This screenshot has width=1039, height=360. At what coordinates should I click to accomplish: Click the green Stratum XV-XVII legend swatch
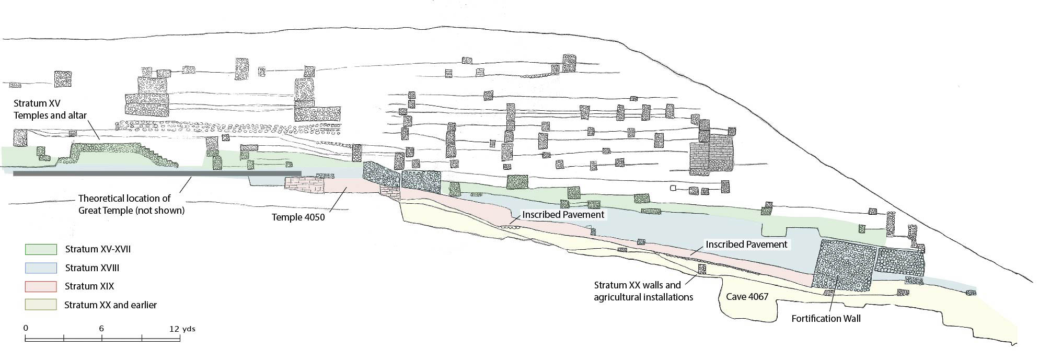coord(41,249)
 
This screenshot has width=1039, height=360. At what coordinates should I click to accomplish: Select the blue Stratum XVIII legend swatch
coord(41,268)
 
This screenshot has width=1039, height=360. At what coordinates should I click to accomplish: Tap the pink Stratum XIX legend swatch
coord(41,286)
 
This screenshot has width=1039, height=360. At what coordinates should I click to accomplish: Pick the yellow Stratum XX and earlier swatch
coord(41,305)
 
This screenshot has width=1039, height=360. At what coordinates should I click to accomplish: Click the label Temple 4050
coord(298,217)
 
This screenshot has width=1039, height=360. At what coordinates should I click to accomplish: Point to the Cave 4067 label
coord(747,297)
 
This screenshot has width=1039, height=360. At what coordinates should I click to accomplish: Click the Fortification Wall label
coord(826,318)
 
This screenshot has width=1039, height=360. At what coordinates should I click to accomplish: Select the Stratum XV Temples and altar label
coord(50,110)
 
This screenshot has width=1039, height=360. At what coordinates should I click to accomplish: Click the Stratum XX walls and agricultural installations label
coord(643,291)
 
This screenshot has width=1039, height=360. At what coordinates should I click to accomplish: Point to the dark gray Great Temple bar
coord(157,173)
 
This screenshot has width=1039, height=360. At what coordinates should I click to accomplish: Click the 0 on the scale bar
coord(26,329)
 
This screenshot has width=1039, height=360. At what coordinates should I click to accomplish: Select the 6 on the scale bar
coord(101,329)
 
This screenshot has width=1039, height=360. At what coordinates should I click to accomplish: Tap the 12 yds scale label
coord(182,329)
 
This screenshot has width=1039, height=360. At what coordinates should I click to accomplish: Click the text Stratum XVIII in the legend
coord(92,268)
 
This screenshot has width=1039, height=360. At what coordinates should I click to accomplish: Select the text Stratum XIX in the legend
coord(89,286)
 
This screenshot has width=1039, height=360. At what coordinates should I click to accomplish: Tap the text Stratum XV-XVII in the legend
coord(98,249)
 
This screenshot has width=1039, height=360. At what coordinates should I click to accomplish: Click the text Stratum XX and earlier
coord(110,305)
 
